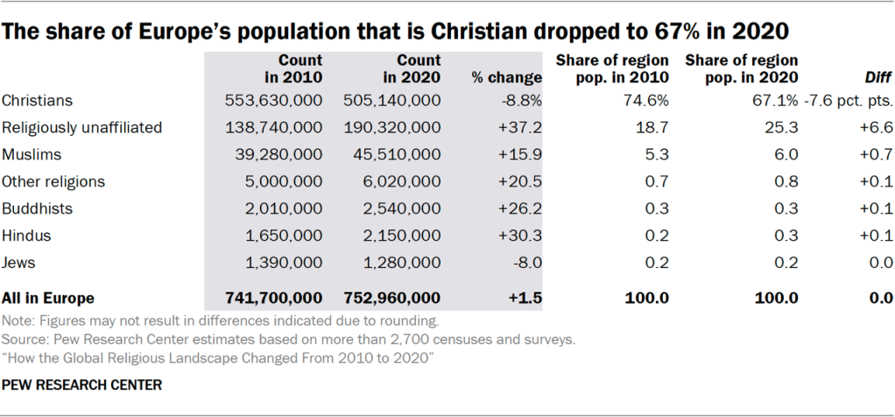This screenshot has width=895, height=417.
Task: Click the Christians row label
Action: pos(37,101)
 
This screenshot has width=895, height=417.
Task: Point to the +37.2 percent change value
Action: pos(523,128)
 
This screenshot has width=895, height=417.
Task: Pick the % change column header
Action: pos(507,78)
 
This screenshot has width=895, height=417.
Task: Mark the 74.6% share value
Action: pos(649,101)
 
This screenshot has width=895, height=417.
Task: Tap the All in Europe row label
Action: pos(48,298)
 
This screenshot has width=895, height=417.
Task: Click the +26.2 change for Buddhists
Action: pos(523,209)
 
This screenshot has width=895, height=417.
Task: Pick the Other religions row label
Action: pos(53,182)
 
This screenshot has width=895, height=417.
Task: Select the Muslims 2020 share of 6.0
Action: pos(786,155)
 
